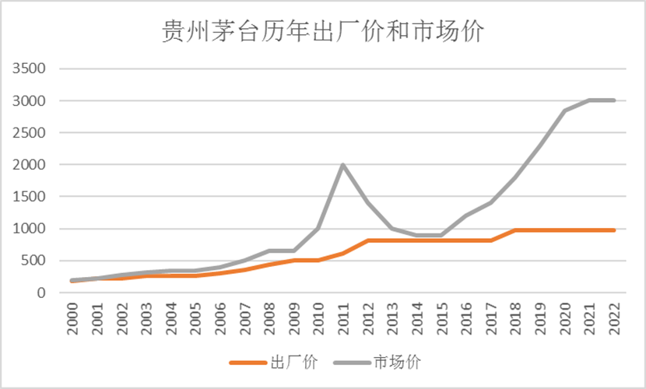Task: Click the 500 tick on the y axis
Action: (35, 261)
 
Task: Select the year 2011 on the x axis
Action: (343, 317)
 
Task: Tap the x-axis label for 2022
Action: (613, 317)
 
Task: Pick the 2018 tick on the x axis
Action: (515, 317)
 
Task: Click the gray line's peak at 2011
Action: (342, 165)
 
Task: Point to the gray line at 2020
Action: (564, 110)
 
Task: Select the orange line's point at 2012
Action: (367, 240)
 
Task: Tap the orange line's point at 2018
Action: (514, 230)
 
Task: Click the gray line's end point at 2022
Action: (613, 100)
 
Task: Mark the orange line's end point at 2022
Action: (613, 230)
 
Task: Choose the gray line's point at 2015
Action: (441, 235)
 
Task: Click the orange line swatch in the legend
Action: (247, 362)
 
